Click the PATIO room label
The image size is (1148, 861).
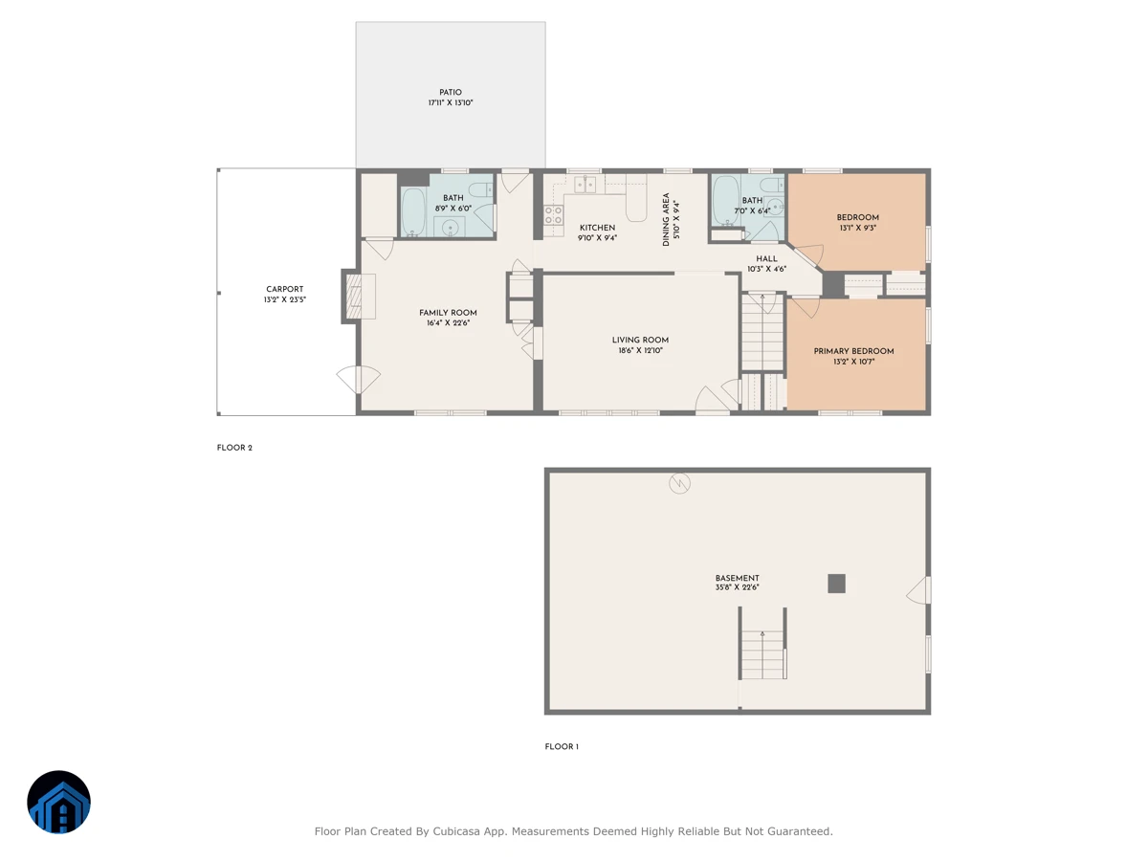click(450, 92)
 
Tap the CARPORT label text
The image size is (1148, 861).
click(284, 289)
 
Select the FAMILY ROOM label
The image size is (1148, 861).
click(448, 313)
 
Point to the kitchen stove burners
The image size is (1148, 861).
click(553, 215)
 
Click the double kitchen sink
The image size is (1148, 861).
click(585, 185)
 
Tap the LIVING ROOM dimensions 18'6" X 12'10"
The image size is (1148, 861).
click(640, 350)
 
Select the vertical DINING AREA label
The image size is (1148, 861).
click(666, 220)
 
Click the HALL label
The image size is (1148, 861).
click(766, 258)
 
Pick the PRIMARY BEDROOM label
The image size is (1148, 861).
click(853, 351)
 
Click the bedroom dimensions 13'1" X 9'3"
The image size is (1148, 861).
click(858, 228)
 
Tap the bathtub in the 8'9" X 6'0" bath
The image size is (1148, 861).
click(413, 211)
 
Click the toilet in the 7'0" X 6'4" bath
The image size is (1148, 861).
click(771, 185)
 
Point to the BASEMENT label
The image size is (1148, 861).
click(737, 578)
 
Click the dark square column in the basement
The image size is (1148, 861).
click(836, 584)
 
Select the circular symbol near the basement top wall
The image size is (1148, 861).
click(679, 483)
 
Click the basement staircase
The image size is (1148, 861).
click(762, 654)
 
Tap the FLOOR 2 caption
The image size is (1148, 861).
click(234, 448)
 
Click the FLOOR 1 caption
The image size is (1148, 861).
click(562, 746)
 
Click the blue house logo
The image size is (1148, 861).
click(58, 802)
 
